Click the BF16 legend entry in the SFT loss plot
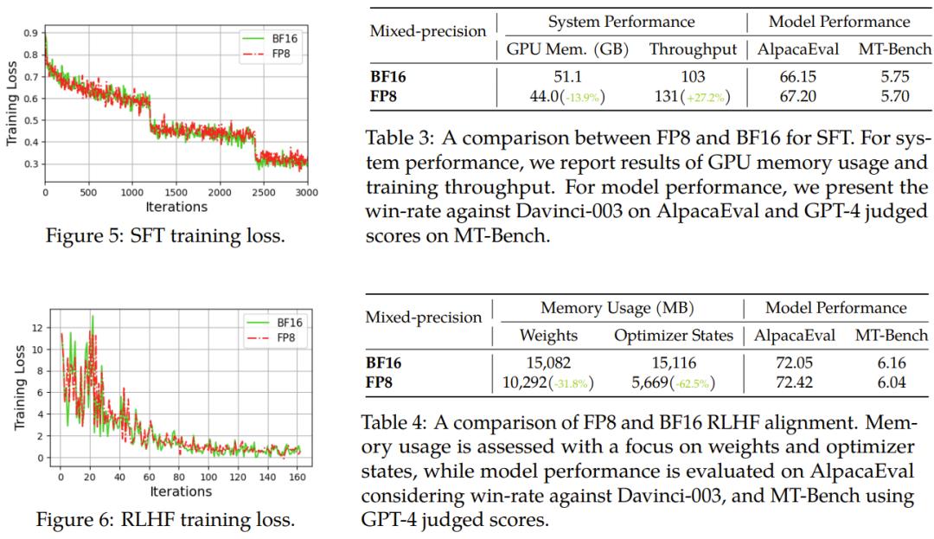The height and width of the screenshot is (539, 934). tap(277, 38)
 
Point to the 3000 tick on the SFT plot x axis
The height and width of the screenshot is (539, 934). tap(306, 192)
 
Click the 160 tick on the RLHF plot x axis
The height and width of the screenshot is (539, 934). tap(296, 477)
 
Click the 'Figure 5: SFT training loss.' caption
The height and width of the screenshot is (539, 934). tap(164, 234)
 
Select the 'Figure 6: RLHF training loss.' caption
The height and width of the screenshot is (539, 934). tap(164, 520)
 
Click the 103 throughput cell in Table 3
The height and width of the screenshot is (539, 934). tap(693, 76)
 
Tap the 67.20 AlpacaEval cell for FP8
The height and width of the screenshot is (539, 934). tap(796, 96)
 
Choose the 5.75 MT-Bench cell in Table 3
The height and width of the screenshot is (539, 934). tap(894, 76)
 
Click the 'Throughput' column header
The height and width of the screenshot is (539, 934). tap(693, 49)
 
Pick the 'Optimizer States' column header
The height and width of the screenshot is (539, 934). tap(674, 335)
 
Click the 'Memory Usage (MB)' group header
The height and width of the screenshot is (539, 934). tap(617, 308)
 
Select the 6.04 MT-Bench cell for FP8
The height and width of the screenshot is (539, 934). tap(892, 382)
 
